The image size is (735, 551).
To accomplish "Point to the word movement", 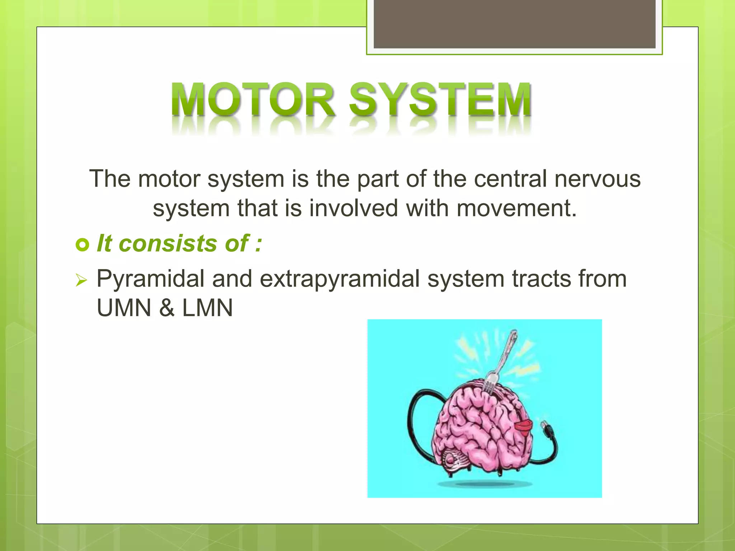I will coord(516,208).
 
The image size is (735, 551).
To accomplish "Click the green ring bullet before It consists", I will coord(83,245).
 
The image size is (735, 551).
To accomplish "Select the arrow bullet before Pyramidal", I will coord(82,280).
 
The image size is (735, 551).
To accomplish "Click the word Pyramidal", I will coord(150,279).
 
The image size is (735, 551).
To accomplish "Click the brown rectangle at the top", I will coord(514,24).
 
